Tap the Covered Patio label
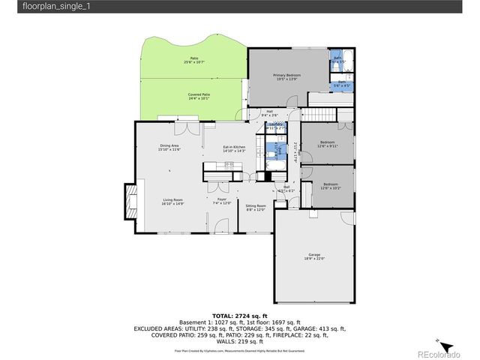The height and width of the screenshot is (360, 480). coord(199,96)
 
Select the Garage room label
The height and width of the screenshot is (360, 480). coord(314,256)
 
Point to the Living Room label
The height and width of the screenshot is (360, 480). coord(173,201)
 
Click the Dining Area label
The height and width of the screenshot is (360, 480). coord(169,147)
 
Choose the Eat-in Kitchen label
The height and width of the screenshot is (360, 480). coord(234,148)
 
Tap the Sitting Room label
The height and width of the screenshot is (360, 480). coord(256,207)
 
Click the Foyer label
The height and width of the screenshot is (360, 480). coord(222,200)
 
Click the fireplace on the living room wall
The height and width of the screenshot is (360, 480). coord(130,201)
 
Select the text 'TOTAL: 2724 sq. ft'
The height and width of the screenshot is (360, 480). coord(239,315)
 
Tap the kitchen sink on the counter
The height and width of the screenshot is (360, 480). coord(229,164)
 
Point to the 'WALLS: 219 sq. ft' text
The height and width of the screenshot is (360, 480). coord(239,343)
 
